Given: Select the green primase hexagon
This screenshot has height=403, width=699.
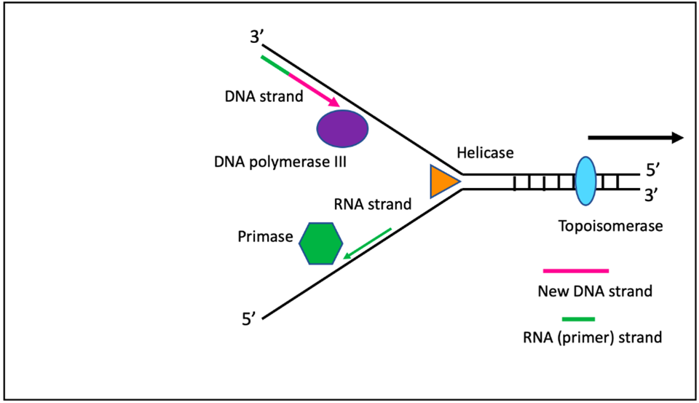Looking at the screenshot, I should point(320,243).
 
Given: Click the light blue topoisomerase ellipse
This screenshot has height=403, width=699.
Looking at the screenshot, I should point(585,181).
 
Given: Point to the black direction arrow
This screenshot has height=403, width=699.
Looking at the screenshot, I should point(634,137).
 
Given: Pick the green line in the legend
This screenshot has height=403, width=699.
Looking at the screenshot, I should point(579,318).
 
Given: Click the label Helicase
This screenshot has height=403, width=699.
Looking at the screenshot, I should point(485,153).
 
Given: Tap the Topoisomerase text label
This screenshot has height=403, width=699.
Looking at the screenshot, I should point(610,225).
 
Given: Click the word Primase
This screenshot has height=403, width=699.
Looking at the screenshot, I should point(264,237).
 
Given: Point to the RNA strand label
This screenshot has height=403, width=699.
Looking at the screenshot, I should point(373,204).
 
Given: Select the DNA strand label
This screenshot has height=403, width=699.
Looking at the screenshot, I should point(264,95).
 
